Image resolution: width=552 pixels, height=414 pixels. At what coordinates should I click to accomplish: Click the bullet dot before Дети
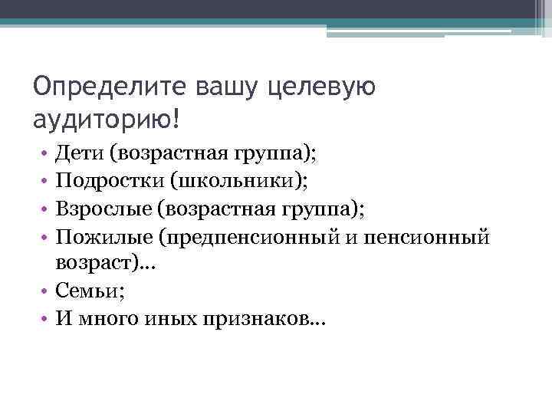point(46,155)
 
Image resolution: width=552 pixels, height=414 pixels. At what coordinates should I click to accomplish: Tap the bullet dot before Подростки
point(46,182)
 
